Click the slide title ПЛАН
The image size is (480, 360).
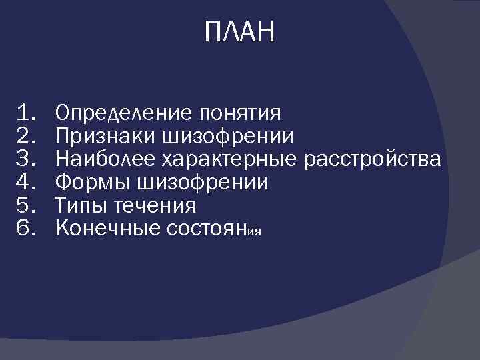[x=239, y=32]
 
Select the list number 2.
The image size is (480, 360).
[x=28, y=135]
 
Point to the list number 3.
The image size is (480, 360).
[x=28, y=159]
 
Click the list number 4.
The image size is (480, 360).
[x=28, y=182]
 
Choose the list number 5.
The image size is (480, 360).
[x=28, y=205]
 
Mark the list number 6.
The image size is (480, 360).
[x=28, y=229]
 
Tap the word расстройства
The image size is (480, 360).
[x=372, y=159]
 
